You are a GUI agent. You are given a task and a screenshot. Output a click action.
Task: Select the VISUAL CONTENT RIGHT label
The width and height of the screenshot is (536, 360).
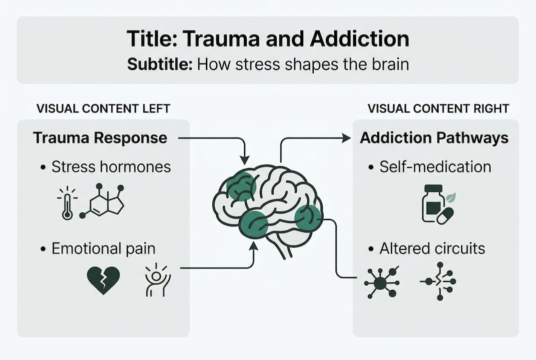pos(438,108)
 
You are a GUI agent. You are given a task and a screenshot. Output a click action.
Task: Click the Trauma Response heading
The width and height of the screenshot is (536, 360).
pos(100,138)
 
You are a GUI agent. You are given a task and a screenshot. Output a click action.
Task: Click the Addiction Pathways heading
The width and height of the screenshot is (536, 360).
pos(434,138)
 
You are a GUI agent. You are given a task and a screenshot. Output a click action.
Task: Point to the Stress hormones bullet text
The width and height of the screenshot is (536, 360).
pos(111,167)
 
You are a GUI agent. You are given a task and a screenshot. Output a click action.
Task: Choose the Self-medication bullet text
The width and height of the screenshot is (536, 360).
pos(435,167)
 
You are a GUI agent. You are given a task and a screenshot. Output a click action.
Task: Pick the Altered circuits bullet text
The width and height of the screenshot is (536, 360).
pos(432,248)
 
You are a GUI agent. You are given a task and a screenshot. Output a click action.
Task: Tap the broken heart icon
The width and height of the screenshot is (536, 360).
pos(103,279)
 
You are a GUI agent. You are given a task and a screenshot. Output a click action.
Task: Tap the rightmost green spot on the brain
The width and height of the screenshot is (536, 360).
pos(307,218)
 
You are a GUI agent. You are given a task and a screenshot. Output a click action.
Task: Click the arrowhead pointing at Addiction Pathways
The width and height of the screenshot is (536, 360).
pos(347,138)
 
